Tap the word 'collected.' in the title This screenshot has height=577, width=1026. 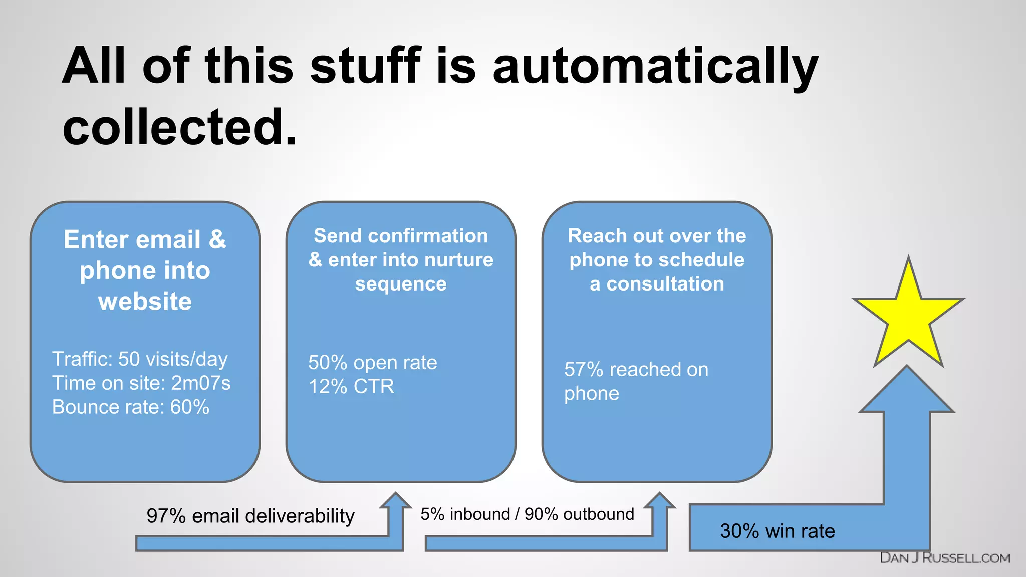point(179,127)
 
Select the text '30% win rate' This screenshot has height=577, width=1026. point(777,531)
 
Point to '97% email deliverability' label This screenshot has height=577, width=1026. point(250,516)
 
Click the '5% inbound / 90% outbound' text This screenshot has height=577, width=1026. point(527,514)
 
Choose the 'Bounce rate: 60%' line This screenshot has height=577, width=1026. point(131,407)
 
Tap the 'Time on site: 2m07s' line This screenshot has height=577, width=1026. point(141,383)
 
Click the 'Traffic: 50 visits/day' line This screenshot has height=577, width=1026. point(140,359)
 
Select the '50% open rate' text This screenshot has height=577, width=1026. point(372,362)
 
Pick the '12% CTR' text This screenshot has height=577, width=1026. point(351,386)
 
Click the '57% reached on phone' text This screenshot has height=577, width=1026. point(636,381)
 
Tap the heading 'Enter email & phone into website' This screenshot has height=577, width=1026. point(145,270)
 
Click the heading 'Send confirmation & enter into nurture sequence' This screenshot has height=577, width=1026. point(401,259)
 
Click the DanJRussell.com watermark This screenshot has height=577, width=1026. point(945,558)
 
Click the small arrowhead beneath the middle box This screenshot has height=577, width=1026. point(396,501)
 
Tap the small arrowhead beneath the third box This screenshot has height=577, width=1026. point(659,501)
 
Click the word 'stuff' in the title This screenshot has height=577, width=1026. point(365,66)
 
